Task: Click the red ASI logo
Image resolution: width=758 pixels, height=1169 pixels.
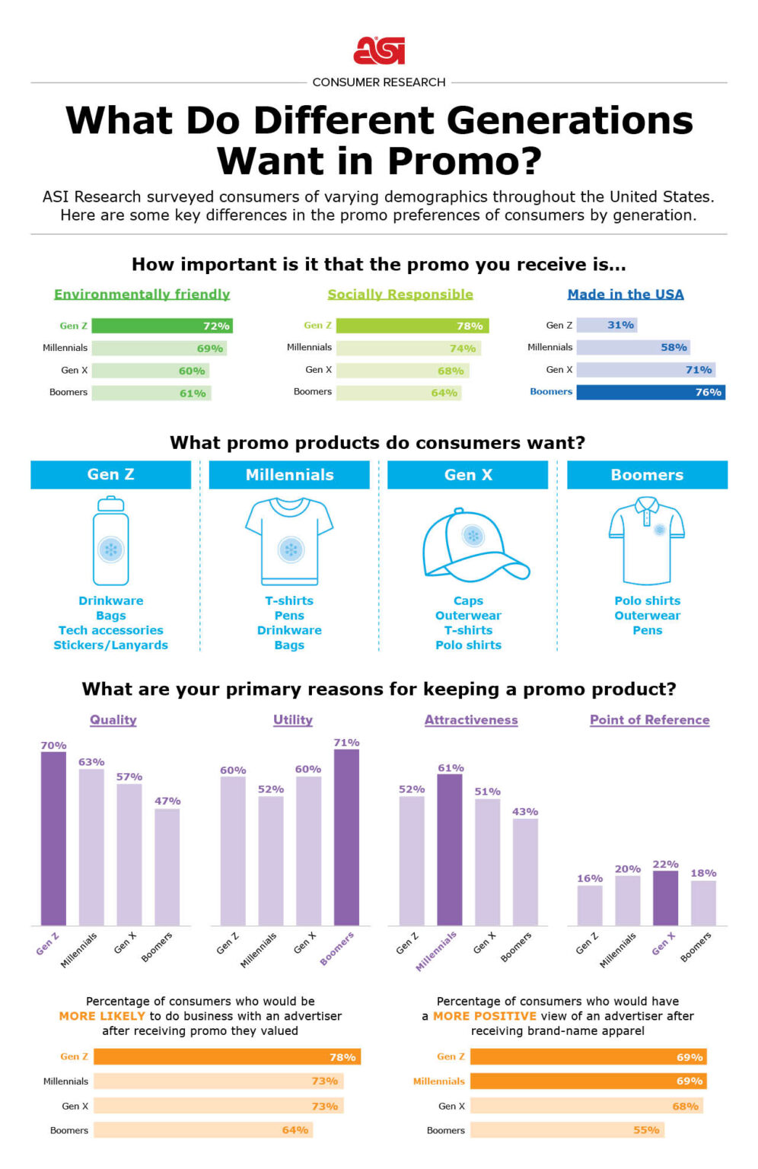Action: click(379, 51)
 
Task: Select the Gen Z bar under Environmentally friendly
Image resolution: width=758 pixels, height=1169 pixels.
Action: click(161, 326)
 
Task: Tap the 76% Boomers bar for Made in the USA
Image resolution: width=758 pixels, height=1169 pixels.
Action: click(650, 392)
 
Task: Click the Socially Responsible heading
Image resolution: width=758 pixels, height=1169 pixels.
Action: click(400, 295)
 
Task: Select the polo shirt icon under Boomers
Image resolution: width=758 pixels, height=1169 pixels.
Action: click(647, 540)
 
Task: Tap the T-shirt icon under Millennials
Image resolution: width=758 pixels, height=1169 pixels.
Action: click(289, 540)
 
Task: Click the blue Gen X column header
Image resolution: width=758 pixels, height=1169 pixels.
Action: click(467, 475)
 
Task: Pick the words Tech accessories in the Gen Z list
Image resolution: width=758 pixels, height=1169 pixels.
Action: click(111, 630)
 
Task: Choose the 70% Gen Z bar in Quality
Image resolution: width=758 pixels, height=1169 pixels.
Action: click(53, 838)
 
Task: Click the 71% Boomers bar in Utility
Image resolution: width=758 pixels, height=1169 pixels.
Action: click(346, 837)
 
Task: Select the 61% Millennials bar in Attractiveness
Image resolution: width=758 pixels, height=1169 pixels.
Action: click(450, 849)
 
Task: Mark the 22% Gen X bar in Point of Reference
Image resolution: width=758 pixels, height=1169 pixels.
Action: click(665, 898)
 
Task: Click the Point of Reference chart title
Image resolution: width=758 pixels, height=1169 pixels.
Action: click(649, 720)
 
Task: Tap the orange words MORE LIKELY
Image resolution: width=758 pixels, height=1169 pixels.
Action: click(102, 1016)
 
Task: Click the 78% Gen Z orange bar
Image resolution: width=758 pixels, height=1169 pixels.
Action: click(227, 1057)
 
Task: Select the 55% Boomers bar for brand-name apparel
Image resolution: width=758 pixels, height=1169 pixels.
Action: click(567, 1130)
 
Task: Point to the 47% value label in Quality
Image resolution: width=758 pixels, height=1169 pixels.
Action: click(167, 801)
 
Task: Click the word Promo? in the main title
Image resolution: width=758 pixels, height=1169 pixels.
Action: click(464, 161)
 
